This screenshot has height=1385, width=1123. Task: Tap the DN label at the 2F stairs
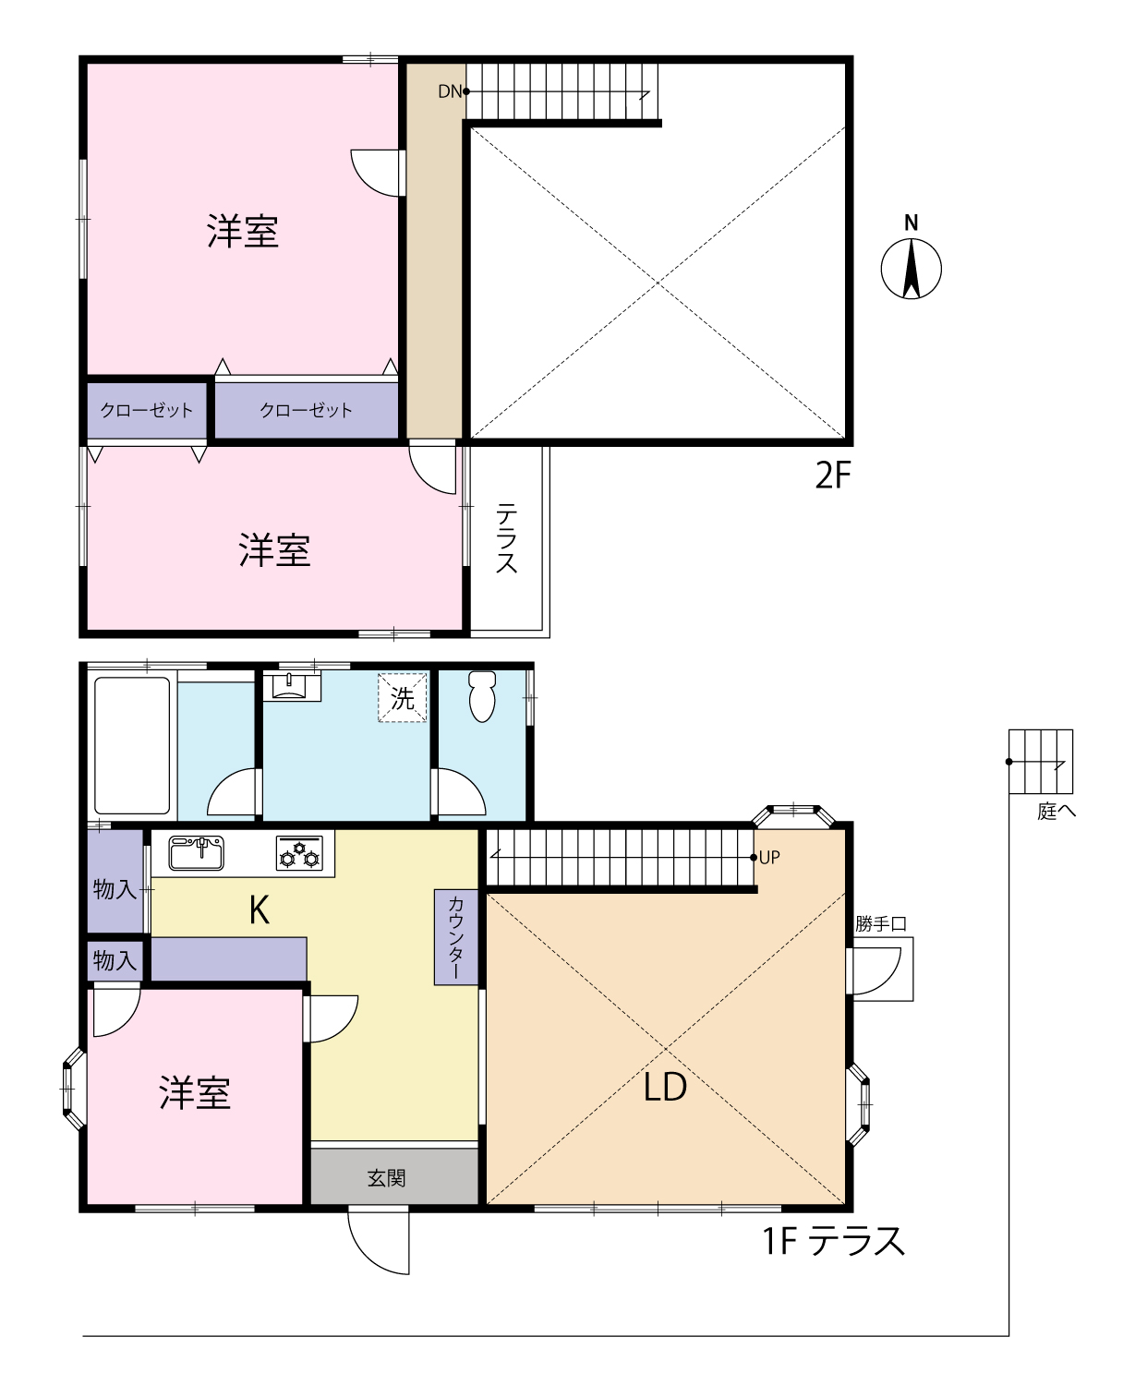tap(450, 91)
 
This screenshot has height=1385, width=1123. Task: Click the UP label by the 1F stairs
tap(769, 857)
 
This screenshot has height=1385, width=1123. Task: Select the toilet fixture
tap(482, 696)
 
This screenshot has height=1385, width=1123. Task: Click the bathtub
tap(132, 745)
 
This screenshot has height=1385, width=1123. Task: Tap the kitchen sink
tap(197, 852)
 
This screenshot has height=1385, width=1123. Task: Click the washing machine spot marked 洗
tap(403, 698)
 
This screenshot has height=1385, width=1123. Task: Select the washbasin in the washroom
tap(289, 686)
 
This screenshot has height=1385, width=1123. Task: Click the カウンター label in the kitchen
tap(456, 937)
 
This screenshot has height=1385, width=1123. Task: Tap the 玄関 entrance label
tap(386, 1177)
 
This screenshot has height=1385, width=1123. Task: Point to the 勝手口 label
tap(880, 923)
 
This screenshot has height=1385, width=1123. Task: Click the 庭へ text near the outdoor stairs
tap(1056, 812)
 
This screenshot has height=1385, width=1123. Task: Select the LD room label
tap(665, 1087)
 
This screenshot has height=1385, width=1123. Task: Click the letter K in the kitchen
tap(260, 909)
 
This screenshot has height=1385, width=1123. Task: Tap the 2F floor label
tap(833, 476)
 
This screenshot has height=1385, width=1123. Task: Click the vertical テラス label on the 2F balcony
tap(507, 538)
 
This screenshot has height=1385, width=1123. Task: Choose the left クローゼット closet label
tap(146, 410)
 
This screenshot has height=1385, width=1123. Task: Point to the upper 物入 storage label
tap(115, 889)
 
